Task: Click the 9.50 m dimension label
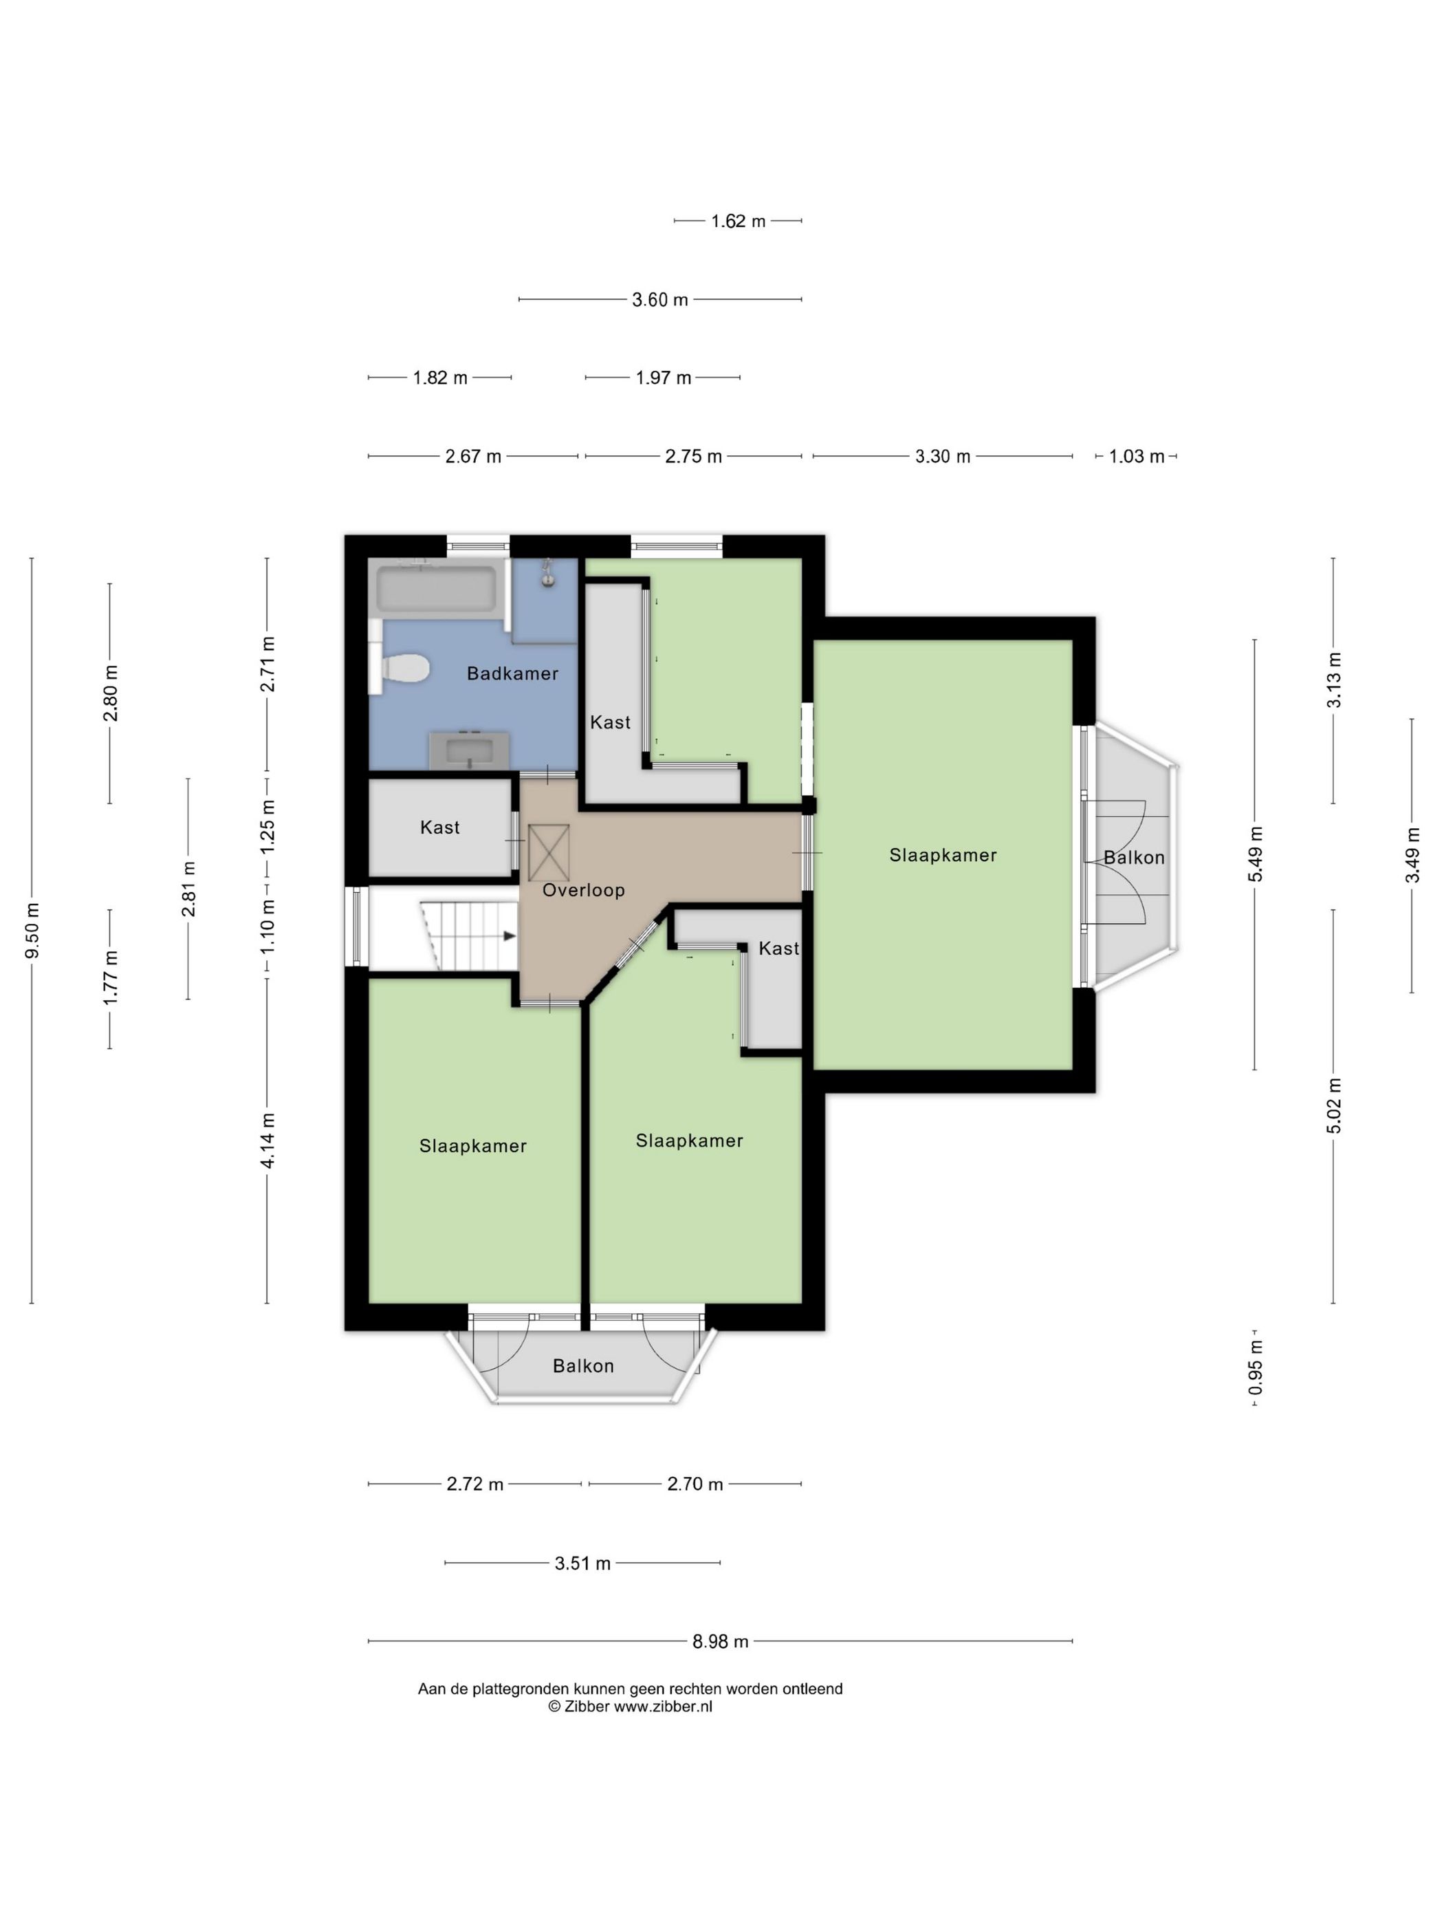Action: point(32,931)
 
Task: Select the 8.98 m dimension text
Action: point(720,1641)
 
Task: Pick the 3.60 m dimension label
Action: point(659,299)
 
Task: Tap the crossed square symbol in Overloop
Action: point(548,852)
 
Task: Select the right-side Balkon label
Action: point(1133,858)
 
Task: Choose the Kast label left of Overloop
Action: point(439,827)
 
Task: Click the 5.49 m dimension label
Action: point(1255,854)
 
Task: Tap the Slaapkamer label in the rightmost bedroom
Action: point(943,855)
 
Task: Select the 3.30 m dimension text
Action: point(942,456)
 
